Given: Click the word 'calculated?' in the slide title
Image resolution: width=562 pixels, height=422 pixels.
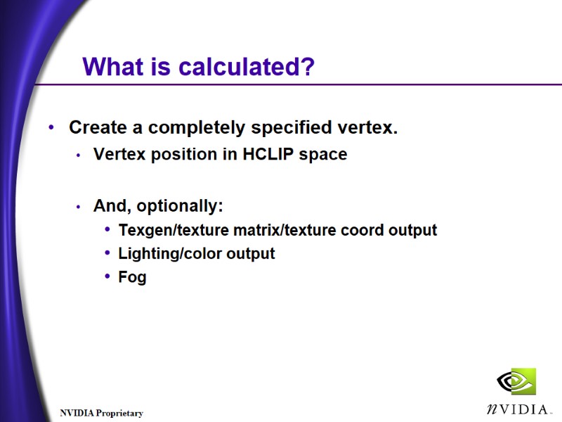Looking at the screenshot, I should [x=246, y=68].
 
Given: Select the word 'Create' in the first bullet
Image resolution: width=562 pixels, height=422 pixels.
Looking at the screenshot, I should [x=97, y=128].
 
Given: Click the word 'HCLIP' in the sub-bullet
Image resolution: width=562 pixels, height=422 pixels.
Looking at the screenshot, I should [x=268, y=155].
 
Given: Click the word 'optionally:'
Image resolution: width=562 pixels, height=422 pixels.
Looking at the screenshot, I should [x=180, y=207].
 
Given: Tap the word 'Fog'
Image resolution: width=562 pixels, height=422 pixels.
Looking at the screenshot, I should [x=132, y=277].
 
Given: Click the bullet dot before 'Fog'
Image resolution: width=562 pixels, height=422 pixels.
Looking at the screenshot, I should [x=107, y=276].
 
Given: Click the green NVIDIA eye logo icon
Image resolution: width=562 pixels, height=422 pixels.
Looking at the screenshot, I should [x=516, y=381].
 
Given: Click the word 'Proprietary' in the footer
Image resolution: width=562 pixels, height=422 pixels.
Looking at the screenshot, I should [x=119, y=414].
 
